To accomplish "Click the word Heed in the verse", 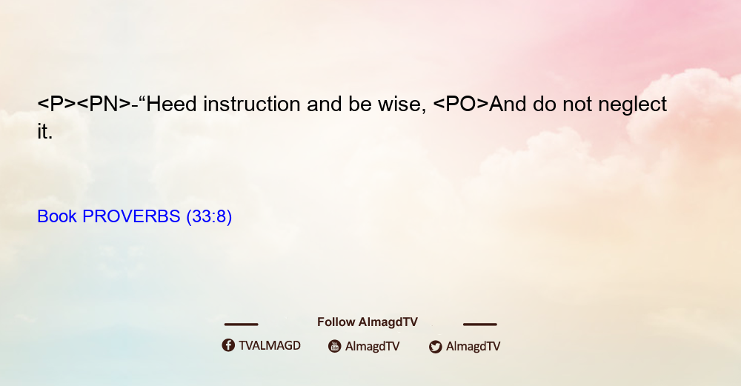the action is pos(171,104).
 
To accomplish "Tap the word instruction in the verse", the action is pos(252,104).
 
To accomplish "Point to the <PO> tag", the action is pos(461,104).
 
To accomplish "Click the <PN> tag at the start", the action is pos(104,104).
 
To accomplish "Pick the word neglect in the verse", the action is pos(632,104).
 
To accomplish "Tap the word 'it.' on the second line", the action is pos(45,131).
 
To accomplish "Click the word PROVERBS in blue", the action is pos(131,216).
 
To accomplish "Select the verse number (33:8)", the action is pos(210,216).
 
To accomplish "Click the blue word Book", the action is pos(57,216).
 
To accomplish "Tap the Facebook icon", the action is pos(228,345).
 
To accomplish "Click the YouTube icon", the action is pos(335,346).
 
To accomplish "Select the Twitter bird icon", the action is pos(435,347).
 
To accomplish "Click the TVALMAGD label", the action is pos(270,345).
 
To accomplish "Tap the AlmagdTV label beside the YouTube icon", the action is pos(373,346).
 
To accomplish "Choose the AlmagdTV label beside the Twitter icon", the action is pos(473,346).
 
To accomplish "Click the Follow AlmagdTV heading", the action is pos(368,322).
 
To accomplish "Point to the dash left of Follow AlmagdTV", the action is pos(241,324).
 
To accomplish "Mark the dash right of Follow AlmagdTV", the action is pos(480,324).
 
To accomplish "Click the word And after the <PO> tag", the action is pos(508,104).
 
